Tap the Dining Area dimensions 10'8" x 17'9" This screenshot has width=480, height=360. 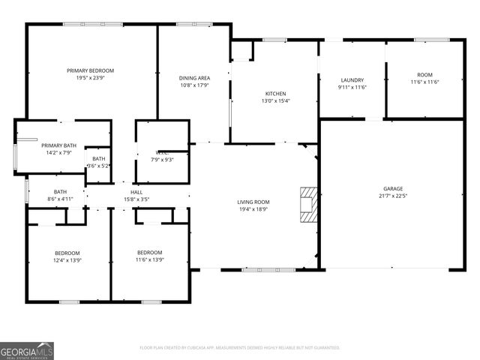click(x=193, y=85)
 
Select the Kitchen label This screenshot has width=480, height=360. click(x=275, y=93)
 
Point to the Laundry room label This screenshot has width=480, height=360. click(x=352, y=80)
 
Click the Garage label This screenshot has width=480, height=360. click(x=393, y=189)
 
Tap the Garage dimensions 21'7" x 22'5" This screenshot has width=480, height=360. click(x=393, y=196)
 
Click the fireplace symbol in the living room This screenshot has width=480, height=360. click(x=307, y=203)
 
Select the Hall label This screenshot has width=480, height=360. click(x=136, y=192)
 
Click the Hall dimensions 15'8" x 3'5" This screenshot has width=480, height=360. click(x=136, y=199)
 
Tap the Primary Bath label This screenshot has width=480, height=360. click(x=58, y=145)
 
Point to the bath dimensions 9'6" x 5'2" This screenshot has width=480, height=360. click(x=99, y=166)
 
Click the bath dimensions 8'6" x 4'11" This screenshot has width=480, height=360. click(x=60, y=199)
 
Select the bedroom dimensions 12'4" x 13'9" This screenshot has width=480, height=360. click(x=67, y=260)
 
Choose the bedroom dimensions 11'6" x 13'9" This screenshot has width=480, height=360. click(x=149, y=260)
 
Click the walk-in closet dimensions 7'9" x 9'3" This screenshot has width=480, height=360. click(x=163, y=160)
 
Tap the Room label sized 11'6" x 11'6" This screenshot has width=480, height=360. click(x=424, y=74)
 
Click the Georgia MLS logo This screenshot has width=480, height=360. click(x=27, y=350)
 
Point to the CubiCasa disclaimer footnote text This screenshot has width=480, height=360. click(x=240, y=348)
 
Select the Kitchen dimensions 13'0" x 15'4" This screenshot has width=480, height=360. click(x=275, y=100)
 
